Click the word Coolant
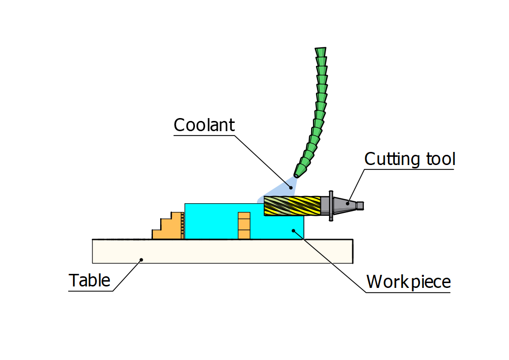pyautogui.click(x=204, y=125)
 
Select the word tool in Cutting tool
pyautogui.click(x=438, y=159)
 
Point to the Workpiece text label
pyautogui.click(x=408, y=281)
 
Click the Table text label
pyautogui.click(x=90, y=280)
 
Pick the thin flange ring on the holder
pyautogui.click(x=331, y=206)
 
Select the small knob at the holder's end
pyautogui.click(x=360, y=206)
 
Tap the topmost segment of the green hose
pyautogui.click(x=320, y=51)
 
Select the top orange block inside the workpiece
pyautogui.click(x=244, y=216)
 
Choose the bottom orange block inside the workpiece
pyautogui.click(x=244, y=234)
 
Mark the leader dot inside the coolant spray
pyautogui.click(x=291, y=186)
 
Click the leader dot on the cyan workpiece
pyautogui.click(x=294, y=231)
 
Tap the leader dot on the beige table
pyautogui.click(x=141, y=259)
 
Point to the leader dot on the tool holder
pyautogui.click(x=347, y=204)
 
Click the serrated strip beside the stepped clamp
pyautogui.click(x=183, y=225)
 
